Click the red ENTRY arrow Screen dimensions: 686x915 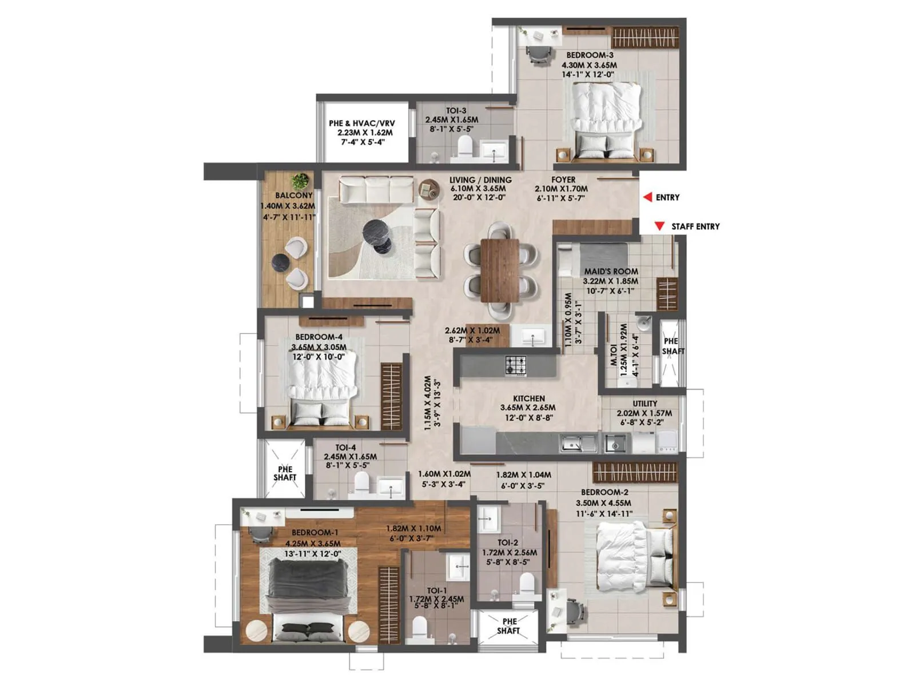[x=647, y=197]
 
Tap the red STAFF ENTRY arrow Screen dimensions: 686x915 [x=659, y=226]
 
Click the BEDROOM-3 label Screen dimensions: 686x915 [x=590, y=55]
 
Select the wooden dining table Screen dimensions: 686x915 [x=500, y=270]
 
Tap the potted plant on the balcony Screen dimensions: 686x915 [x=299, y=182]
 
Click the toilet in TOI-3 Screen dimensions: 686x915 [x=465, y=147]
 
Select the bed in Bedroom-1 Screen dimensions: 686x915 [x=308, y=595]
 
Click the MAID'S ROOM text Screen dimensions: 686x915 [x=611, y=272]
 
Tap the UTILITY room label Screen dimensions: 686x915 [x=645, y=404]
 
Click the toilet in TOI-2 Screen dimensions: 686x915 [x=526, y=584]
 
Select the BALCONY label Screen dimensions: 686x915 [x=293, y=196]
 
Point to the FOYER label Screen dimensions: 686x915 [x=563, y=180]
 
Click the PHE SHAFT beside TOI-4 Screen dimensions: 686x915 [x=285, y=473]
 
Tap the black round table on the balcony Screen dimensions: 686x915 [x=280, y=262]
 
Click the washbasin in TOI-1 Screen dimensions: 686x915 [x=458, y=566]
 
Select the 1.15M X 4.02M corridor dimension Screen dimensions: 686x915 [x=432, y=403]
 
